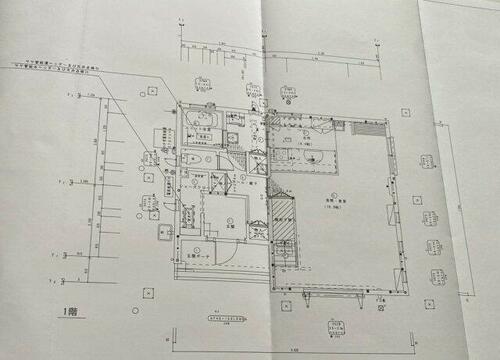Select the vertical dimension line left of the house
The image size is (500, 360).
coord(100,180)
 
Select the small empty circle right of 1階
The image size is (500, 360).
coord(147,293)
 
